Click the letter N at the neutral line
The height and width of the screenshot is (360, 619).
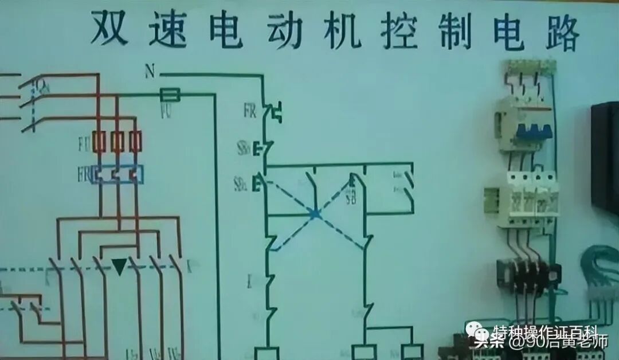pyautogui.click(x=150, y=71)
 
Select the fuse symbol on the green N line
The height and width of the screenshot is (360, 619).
pyautogui.click(x=170, y=95)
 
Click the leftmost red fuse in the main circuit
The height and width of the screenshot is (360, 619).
pyautogui.click(x=99, y=141)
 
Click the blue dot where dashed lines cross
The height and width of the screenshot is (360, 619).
pyautogui.click(x=314, y=214)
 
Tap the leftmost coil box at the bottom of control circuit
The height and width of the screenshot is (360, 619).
pyautogui.click(x=266, y=353)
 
